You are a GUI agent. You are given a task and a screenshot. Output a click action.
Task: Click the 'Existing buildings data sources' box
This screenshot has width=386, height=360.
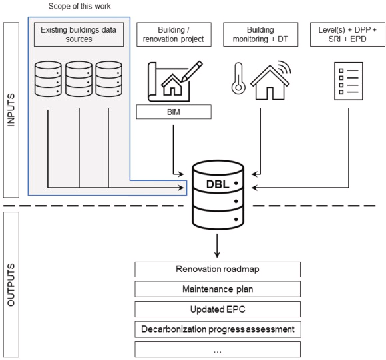point(79,34)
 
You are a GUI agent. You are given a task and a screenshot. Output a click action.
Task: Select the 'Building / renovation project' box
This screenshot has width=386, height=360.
point(174,34)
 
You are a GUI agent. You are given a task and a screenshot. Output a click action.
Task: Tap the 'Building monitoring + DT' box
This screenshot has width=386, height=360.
point(260,34)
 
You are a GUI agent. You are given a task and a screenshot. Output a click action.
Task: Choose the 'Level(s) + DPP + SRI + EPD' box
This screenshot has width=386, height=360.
point(347,34)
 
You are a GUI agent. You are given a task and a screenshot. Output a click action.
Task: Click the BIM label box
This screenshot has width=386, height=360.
point(174,112)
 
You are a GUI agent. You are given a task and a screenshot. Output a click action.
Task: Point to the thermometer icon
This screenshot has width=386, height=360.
point(238,79)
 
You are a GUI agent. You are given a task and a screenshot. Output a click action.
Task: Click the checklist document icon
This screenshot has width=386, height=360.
point(349,81)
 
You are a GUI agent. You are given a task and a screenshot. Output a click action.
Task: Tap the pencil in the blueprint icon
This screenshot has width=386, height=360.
point(192,71)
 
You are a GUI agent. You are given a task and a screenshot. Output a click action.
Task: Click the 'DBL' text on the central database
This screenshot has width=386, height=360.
point(218,184)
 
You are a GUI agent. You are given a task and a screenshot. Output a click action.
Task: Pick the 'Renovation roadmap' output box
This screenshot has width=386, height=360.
point(218,270)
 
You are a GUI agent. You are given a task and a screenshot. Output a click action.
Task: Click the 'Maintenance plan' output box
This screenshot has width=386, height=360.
point(218,289)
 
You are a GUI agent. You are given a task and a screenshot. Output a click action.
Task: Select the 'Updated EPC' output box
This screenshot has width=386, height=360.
point(218,309)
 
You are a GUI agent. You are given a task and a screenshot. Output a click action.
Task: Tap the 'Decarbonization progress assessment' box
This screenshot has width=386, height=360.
point(218,329)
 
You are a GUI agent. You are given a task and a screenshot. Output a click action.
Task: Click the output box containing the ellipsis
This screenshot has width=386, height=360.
point(218,349)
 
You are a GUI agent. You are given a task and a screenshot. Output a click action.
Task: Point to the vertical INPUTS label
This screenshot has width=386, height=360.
point(11,110)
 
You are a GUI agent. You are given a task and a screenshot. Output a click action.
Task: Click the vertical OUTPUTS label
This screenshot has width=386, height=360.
point(11,285)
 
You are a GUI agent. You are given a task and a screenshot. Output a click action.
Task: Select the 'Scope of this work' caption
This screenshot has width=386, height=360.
point(79,6)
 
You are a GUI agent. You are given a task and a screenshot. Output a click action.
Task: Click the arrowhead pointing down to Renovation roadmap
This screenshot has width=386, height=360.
point(217,254)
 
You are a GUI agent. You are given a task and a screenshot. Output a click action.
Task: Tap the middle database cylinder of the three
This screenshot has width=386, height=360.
point(79,79)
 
